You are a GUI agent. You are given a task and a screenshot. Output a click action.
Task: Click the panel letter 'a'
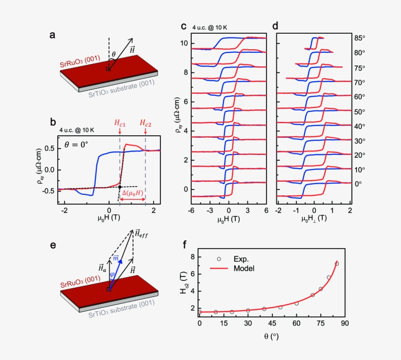pyautogui.click(x=52, y=35)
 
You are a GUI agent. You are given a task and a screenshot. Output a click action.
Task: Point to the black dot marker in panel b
pyautogui.click(x=120, y=187)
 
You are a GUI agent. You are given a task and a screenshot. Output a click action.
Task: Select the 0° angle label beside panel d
pyautogui.click(x=358, y=184)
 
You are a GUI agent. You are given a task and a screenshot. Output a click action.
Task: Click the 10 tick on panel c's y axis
pyautogui.click(x=184, y=43)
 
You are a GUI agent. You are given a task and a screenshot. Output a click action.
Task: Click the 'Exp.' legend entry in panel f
pyautogui.click(x=236, y=259)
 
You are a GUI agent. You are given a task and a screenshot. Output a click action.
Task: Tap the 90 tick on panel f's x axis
pyautogui.click(x=344, y=324)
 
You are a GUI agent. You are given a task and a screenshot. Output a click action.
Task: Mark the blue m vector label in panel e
pyautogui.click(x=116, y=258)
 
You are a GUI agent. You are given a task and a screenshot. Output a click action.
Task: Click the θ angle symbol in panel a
pyautogui.click(x=114, y=54)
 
